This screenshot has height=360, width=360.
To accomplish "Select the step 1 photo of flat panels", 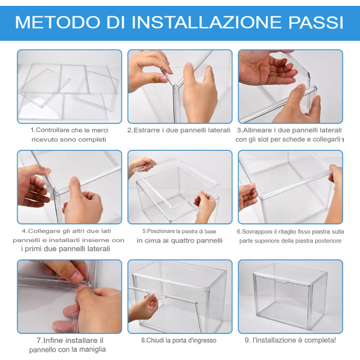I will [69, 86].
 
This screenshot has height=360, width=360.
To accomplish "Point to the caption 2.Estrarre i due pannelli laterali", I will [179, 130].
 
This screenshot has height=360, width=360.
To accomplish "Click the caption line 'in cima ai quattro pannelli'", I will [180, 240].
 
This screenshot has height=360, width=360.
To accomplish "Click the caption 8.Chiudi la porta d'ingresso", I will [179, 340].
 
